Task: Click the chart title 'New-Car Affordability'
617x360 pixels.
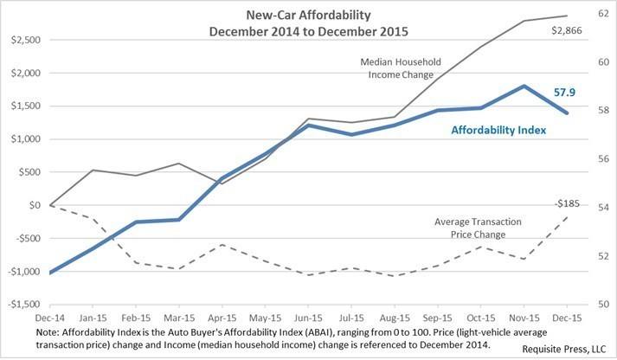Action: click(x=301, y=16)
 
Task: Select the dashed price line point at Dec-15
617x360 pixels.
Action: click(x=568, y=215)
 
